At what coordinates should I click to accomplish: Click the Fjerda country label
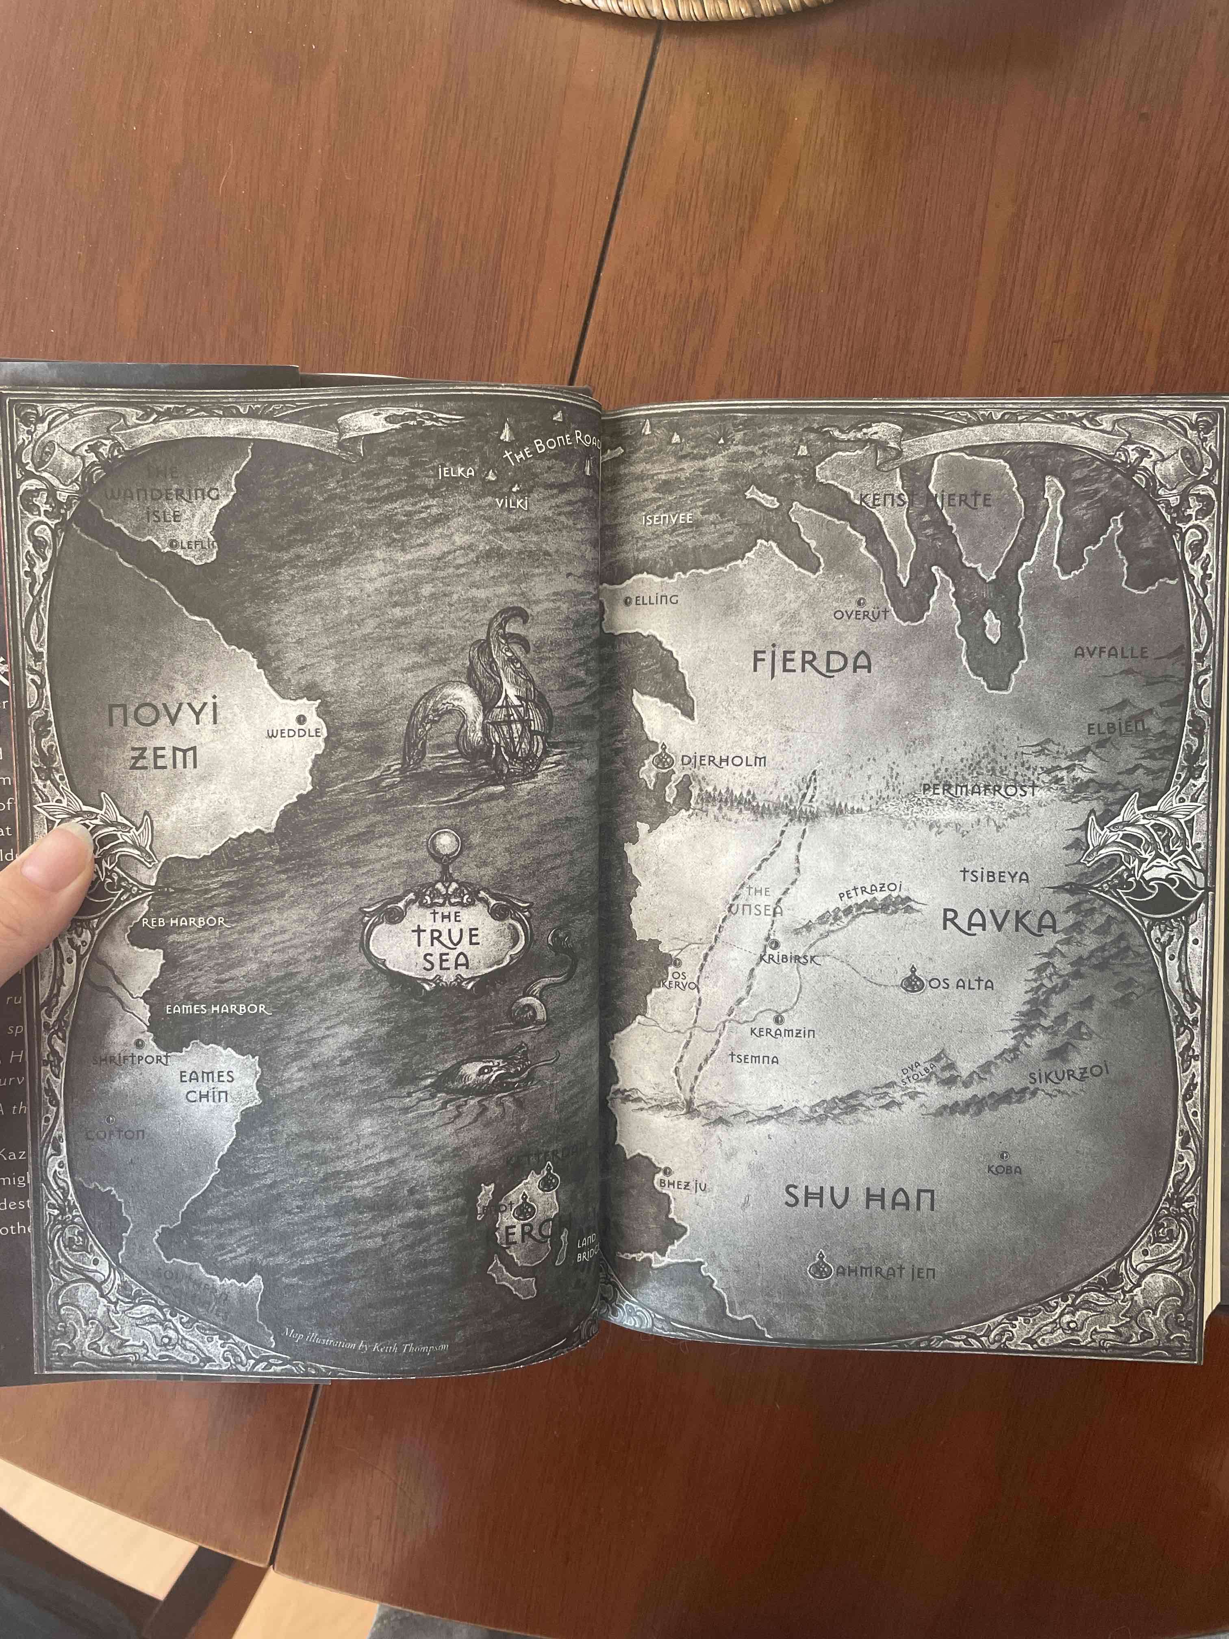[811, 662]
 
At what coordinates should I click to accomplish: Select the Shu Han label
[859, 1198]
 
